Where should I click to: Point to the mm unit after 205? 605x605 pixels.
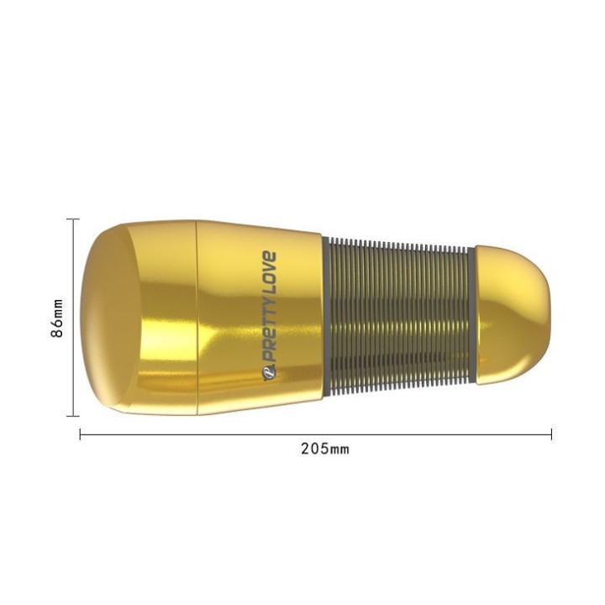click(x=338, y=450)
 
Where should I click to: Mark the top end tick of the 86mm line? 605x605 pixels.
click(x=73, y=219)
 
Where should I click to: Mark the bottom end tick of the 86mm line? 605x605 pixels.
click(x=73, y=416)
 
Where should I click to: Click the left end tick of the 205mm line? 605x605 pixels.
click(x=80, y=434)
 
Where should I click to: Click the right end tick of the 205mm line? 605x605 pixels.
click(x=551, y=434)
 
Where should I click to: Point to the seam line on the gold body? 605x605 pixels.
click(x=197, y=318)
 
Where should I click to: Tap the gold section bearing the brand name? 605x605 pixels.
click(x=252, y=318)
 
